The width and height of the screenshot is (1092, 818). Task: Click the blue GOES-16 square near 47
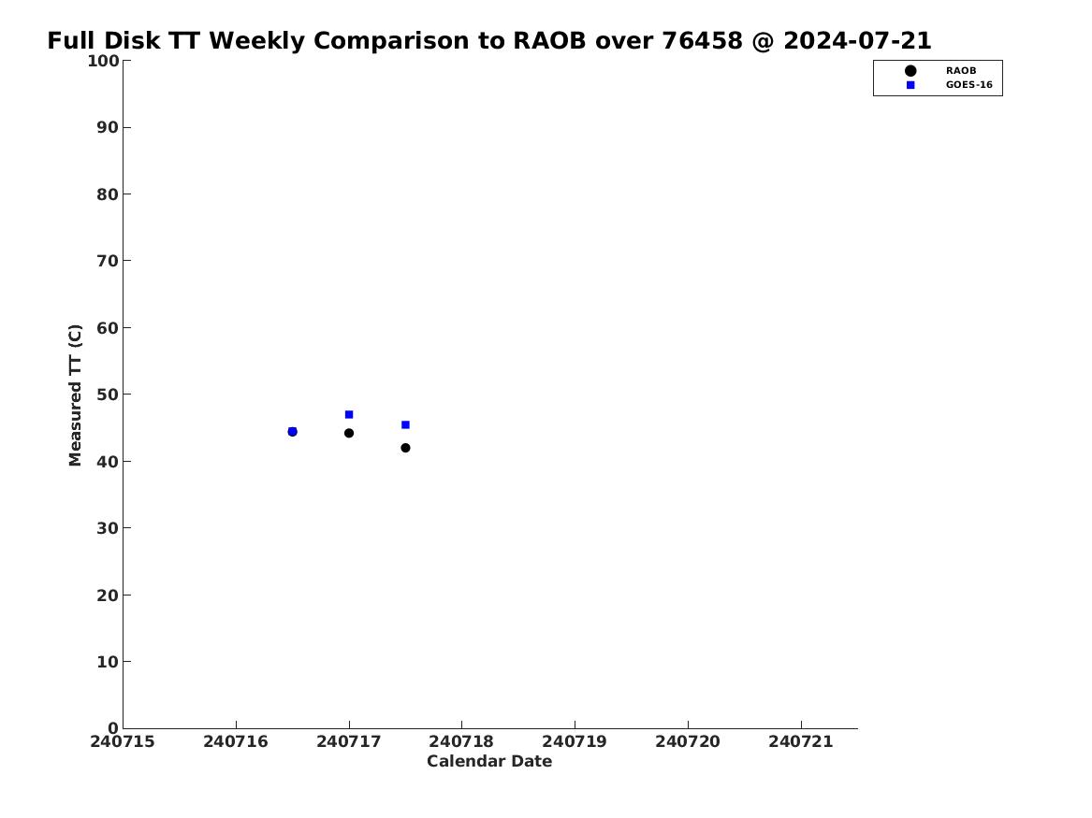coord(349,414)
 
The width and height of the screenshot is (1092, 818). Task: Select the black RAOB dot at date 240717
coord(349,434)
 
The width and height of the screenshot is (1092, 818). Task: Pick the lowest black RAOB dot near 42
coord(405,448)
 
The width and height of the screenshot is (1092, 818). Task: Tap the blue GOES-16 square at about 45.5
coord(405,425)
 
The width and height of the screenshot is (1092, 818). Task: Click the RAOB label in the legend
coord(961,71)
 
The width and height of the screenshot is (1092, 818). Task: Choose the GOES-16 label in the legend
coord(968,85)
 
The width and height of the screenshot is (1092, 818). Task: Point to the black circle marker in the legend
coord(910,71)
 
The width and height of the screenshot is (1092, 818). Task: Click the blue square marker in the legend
coord(910,85)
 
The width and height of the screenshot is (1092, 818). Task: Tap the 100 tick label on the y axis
coord(103,61)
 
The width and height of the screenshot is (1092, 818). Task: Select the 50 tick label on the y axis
coord(108,395)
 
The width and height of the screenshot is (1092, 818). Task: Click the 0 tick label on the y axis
coord(113,728)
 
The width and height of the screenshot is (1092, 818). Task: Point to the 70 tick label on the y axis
coord(108,261)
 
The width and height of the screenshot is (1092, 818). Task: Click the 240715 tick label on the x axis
coord(123,742)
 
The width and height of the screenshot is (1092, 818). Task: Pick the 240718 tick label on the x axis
coord(461,742)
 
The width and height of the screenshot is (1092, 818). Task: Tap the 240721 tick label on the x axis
coord(801,742)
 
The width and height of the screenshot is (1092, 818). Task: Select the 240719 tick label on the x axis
coord(575,742)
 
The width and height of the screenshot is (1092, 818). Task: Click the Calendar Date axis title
coord(489,762)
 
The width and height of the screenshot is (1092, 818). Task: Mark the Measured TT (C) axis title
coord(75,395)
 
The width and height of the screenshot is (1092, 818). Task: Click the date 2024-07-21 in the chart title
coord(857,41)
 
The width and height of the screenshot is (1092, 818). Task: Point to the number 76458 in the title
coord(702,41)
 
